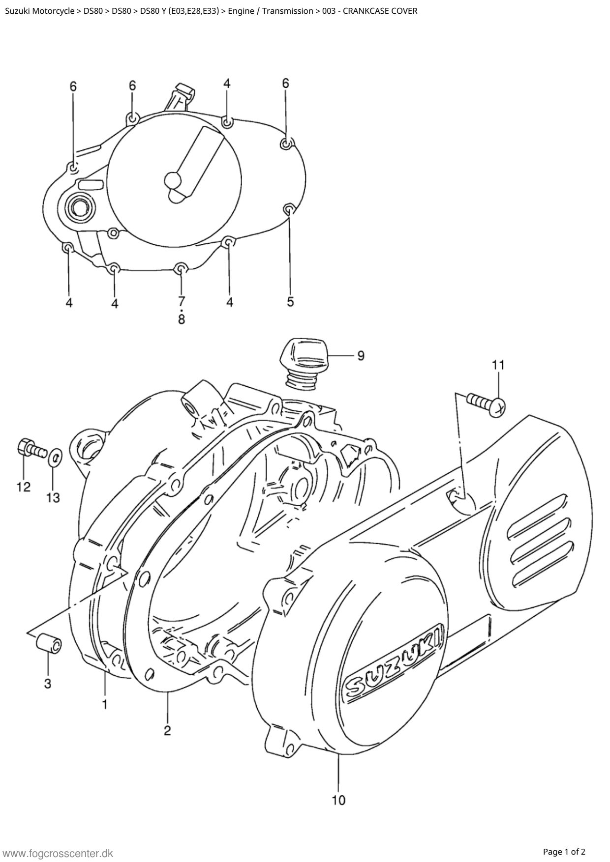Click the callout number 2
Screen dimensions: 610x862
coord(167,731)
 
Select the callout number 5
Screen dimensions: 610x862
coord(290,301)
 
